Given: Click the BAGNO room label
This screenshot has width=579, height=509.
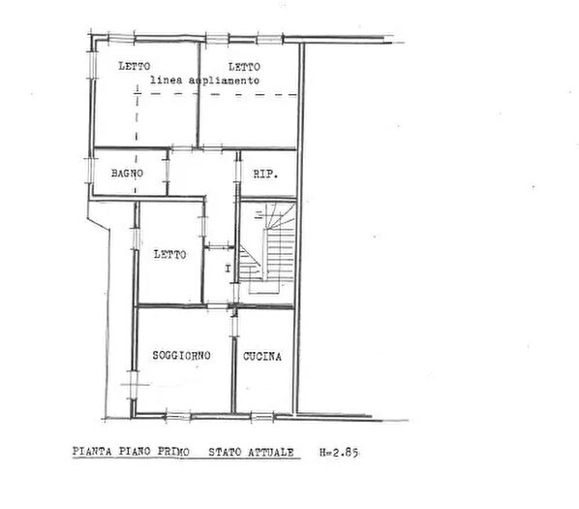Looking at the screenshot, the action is tap(128, 173).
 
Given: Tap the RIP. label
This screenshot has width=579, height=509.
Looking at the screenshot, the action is tap(265, 174).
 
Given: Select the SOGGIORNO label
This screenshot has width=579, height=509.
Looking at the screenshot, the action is tap(181, 355).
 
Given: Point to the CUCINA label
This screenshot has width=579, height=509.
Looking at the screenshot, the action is tap(262, 357).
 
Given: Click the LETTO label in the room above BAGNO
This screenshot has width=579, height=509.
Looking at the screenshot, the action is tap(135, 66).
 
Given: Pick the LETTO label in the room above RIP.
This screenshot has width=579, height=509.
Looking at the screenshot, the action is tap(244, 67).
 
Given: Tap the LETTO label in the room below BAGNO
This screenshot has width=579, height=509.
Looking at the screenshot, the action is tap(169, 254).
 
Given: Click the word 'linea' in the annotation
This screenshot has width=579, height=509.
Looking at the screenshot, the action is tap(167, 80).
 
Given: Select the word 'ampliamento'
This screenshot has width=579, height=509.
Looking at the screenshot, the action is tap(224, 80).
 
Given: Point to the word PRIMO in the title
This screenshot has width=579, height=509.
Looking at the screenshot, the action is tap(173, 452).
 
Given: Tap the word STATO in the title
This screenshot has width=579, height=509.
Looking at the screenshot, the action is tap(225, 452).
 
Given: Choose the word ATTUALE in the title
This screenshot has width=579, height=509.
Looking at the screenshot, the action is tap(271, 453).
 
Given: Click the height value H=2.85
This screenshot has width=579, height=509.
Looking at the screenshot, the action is tap(339, 453).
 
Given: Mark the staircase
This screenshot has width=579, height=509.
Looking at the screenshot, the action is tap(267, 247).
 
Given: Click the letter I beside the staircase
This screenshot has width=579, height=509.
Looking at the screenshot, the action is tap(228, 269).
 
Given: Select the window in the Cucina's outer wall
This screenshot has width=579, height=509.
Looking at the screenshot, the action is tap(262, 417).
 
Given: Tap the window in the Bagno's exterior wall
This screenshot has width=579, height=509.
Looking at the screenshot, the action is tap(90, 171).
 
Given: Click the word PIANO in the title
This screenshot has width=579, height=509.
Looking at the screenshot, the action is tap(135, 452).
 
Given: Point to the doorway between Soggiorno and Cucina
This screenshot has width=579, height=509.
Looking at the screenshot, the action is tap(234, 324).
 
